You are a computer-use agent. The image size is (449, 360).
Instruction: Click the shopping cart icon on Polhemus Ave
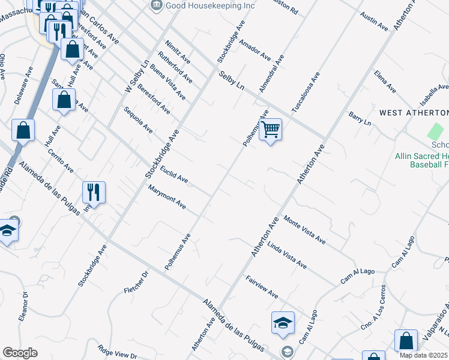pyautogui.click(x=270, y=129)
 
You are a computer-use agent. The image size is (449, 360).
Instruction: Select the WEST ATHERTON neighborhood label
pyautogui.click(x=414, y=113)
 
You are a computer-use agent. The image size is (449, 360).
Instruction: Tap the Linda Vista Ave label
pyautogui.click(x=287, y=256)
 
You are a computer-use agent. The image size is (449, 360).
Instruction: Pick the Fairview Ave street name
pyautogui.click(x=262, y=287)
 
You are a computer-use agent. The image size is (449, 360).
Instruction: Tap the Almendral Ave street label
pyautogui.click(x=271, y=74)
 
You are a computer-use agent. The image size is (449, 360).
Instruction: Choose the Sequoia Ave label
pyautogui.click(x=139, y=121)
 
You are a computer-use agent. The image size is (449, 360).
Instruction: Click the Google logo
pyautogui.click(x=20, y=353)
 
